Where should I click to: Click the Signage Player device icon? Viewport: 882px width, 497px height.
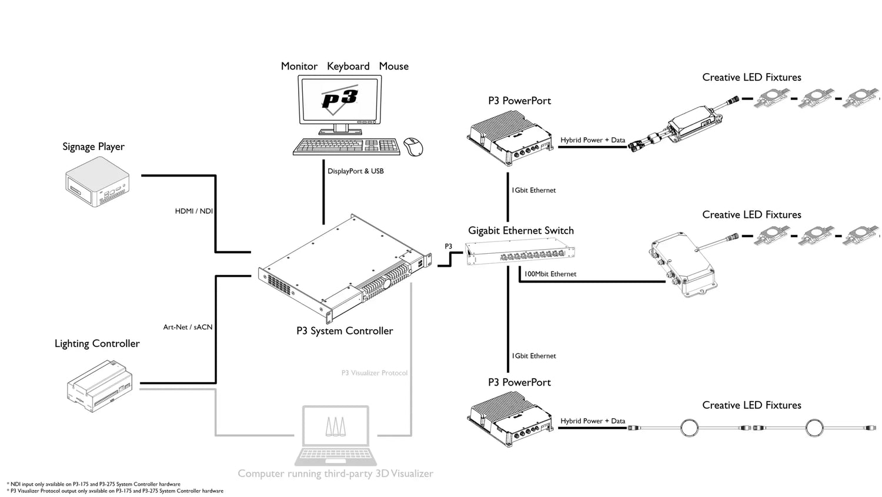[x=97, y=182]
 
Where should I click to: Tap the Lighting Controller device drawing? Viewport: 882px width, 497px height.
[x=99, y=386]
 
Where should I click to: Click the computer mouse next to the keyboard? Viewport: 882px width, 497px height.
[x=413, y=147]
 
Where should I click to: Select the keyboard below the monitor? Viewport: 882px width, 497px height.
[x=346, y=147]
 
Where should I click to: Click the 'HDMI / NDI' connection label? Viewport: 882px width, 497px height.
[x=193, y=211]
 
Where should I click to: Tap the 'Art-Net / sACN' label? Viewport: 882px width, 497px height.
[x=188, y=327]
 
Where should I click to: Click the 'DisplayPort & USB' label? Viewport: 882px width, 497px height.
[x=356, y=171]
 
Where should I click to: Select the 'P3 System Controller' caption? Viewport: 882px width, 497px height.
[x=345, y=331]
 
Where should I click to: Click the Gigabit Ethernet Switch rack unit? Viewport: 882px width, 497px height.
[x=520, y=253]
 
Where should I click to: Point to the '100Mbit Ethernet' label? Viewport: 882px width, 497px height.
[x=550, y=274]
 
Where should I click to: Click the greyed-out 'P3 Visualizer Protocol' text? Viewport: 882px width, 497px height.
[x=375, y=373]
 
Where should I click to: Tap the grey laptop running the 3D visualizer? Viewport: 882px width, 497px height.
[x=336, y=436]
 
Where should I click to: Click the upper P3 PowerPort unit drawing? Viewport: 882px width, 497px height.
[x=510, y=138]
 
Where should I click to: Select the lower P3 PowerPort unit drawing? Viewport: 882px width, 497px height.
[x=510, y=419]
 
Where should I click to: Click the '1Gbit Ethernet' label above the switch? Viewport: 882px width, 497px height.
[x=534, y=190]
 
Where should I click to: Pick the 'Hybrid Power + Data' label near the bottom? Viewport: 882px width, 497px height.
[x=593, y=421]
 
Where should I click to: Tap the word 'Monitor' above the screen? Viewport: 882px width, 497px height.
[x=299, y=67]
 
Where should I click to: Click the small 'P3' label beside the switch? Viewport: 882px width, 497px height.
[x=449, y=247]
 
